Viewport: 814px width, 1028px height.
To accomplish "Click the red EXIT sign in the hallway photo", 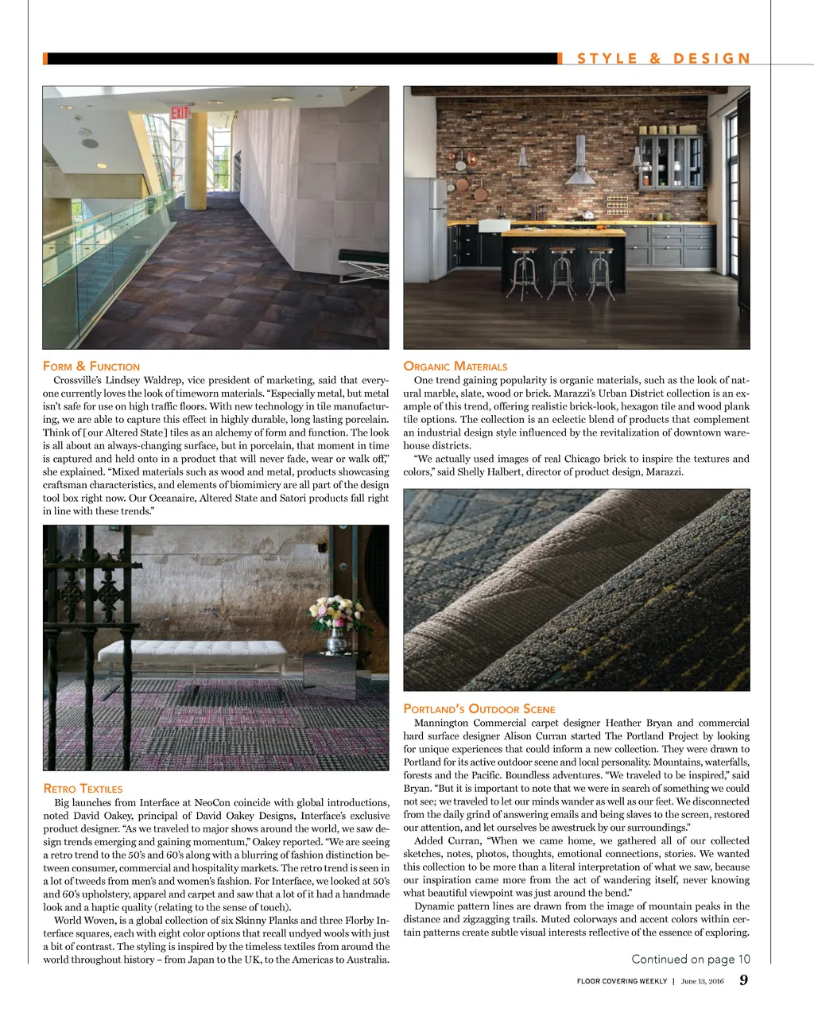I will click(180, 112).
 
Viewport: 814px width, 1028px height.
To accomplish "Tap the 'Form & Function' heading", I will click(91, 367).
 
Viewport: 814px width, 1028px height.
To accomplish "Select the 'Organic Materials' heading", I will click(455, 367).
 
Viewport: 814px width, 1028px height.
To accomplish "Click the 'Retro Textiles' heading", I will click(83, 789).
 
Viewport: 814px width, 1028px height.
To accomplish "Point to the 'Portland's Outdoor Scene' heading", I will click(479, 709).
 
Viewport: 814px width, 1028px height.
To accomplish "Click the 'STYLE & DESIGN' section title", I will click(663, 59).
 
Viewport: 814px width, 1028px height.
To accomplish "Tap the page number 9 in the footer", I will click(743, 980).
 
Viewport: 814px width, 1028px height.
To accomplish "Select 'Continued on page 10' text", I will click(690, 959).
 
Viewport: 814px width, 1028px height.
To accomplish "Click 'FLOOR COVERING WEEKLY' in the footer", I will click(622, 981).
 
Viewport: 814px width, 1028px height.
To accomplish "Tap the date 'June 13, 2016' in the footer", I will click(703, 981).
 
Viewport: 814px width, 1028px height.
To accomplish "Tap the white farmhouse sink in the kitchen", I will click(493, 225).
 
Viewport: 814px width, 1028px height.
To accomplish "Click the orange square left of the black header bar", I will click(45, 59).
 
